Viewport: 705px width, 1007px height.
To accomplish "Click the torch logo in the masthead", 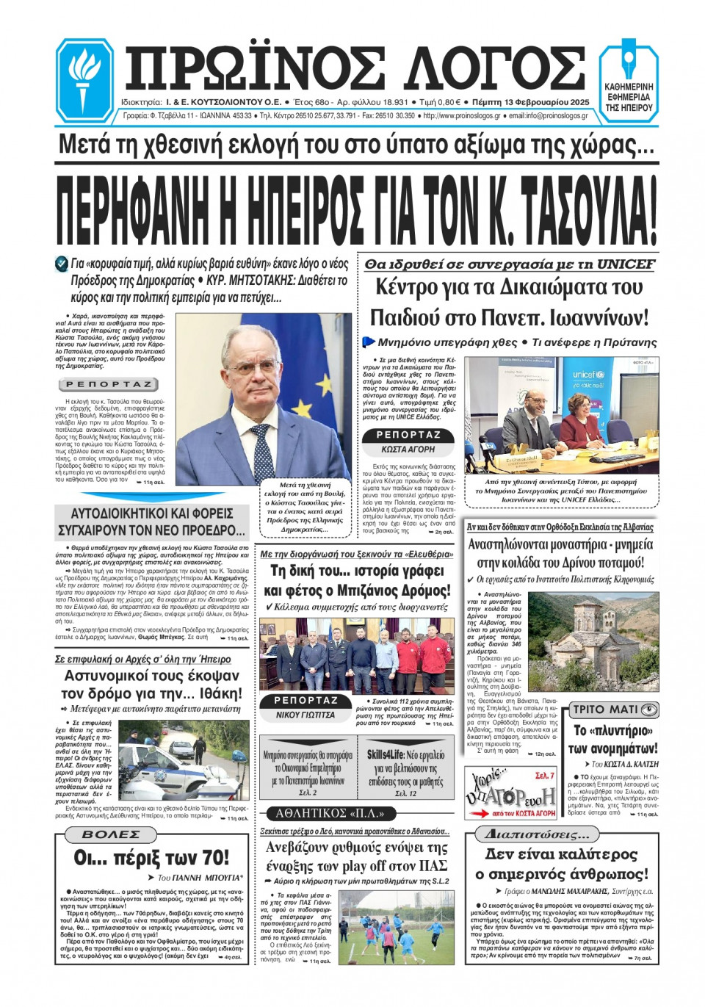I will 83,79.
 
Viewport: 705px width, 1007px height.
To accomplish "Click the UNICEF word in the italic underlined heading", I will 626,264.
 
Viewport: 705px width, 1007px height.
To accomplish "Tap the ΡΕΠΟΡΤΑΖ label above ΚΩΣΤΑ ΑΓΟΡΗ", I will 408,435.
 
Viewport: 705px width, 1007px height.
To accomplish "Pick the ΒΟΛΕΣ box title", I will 111,834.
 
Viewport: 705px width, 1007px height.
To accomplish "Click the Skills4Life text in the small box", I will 385,755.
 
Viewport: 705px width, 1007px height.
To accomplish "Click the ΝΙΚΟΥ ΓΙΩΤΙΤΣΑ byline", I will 305,715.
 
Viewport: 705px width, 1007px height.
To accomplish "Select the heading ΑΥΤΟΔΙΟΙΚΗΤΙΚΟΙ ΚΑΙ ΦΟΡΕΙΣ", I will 152,513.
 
